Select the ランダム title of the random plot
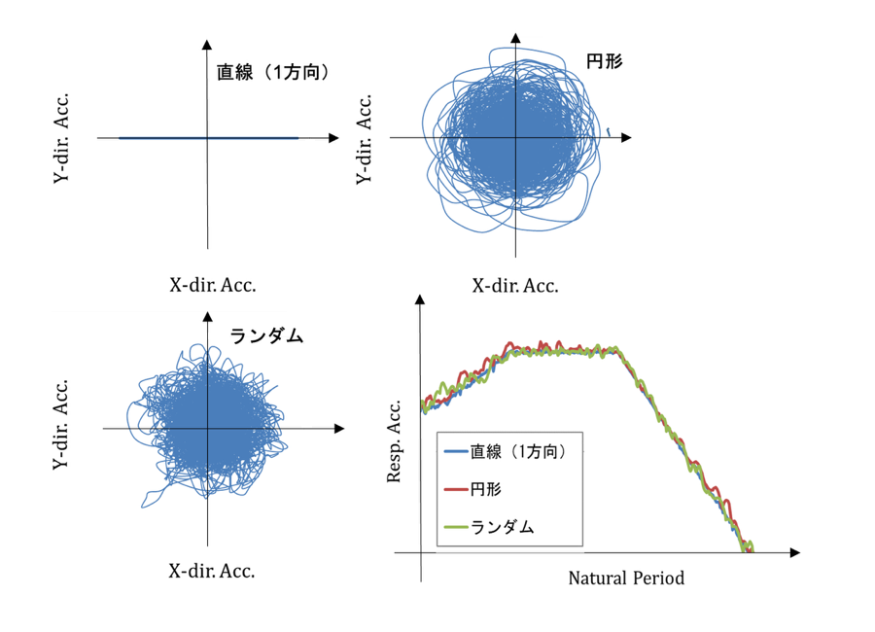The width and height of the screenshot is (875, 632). [267, 336]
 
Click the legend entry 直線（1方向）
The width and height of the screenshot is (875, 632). [516, 451]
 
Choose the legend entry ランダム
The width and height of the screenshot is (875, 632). [503, 526]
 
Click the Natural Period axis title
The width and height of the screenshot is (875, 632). [626, 579]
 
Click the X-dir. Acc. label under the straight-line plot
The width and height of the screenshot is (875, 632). [213, 286]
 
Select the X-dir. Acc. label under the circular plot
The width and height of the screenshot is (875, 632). [515, 286]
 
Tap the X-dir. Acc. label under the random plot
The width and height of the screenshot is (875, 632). [212, 572]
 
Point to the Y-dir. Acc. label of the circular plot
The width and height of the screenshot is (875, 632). [364, 138]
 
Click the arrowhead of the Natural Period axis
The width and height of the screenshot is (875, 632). [794, 552]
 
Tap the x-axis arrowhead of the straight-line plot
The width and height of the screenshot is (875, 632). [333, 139]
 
